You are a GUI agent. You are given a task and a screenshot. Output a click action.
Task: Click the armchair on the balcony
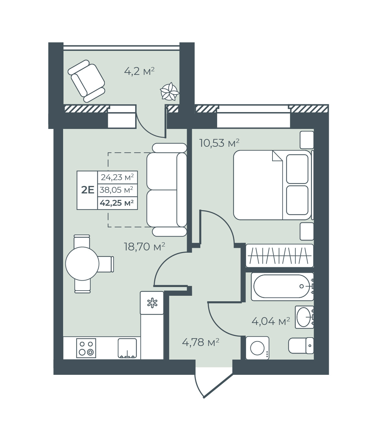click(86, 81)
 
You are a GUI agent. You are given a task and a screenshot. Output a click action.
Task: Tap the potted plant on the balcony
click(170, 91)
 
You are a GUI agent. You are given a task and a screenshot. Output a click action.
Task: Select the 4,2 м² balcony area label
click(139, 72)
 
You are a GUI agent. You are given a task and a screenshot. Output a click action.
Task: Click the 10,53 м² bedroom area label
click(219, 143)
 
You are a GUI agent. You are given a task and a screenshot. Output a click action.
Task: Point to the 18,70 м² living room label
click(145, 247)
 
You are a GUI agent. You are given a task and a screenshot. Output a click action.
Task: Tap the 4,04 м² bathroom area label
click(271, 321)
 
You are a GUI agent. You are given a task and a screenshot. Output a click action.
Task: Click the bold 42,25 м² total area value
click(117, 203)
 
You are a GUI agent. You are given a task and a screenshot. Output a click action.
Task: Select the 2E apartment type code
click(88, 190)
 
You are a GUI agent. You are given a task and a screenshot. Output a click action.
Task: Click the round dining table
click(82, 264)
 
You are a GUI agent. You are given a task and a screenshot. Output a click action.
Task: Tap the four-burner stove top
click(86, 348)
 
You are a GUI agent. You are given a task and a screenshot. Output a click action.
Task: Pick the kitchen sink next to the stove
click(127, 348)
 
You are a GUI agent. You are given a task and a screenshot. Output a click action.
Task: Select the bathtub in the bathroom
click(282, 286)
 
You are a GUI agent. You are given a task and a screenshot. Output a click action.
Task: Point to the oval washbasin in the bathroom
click(304, 317)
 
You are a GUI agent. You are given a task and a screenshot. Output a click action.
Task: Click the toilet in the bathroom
click(301, 346)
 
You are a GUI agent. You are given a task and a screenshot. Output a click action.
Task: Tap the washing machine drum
click(258, 348)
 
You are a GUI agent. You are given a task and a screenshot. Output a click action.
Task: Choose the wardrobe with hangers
click(280, 256)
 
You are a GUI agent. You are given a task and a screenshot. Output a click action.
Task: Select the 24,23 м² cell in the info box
click(117, 178)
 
